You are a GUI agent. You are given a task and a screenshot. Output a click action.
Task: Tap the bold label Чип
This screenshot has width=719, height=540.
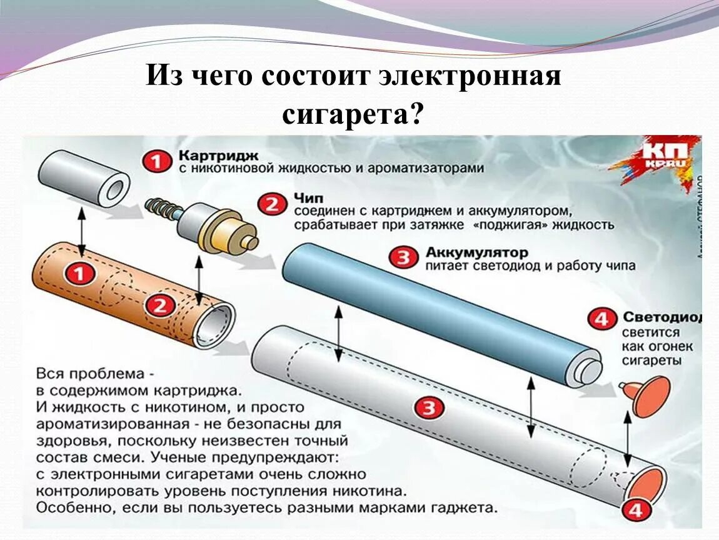(308, 198)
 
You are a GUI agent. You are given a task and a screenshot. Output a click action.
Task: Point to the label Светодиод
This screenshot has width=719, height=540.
(661, 317)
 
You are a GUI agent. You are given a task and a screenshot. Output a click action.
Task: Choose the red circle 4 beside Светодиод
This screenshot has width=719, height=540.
(601, 319)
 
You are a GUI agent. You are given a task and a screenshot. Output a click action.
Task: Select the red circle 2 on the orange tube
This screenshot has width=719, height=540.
(161, 306)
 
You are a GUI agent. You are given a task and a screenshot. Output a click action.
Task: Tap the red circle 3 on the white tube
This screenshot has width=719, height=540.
(429, 409)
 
